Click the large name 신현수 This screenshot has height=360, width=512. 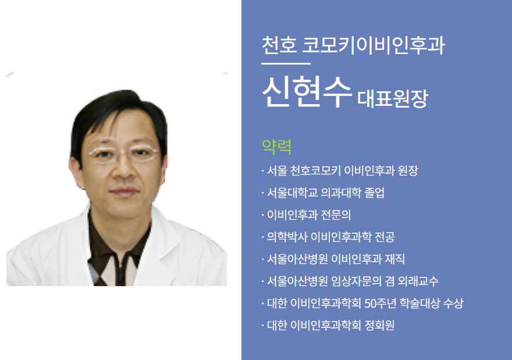tap(307, 92)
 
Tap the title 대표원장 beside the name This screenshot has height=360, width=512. tap(393, 99)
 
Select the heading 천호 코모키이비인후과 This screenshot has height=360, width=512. tap(353, 45)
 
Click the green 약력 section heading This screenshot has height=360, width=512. tap(276, 145)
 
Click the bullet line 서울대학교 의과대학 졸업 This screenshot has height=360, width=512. tap(325, 193)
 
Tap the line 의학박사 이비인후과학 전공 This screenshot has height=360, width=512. tap(331, 237)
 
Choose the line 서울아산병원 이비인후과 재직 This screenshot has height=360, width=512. tap(340, 259)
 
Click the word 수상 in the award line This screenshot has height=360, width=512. tap(453, 304)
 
